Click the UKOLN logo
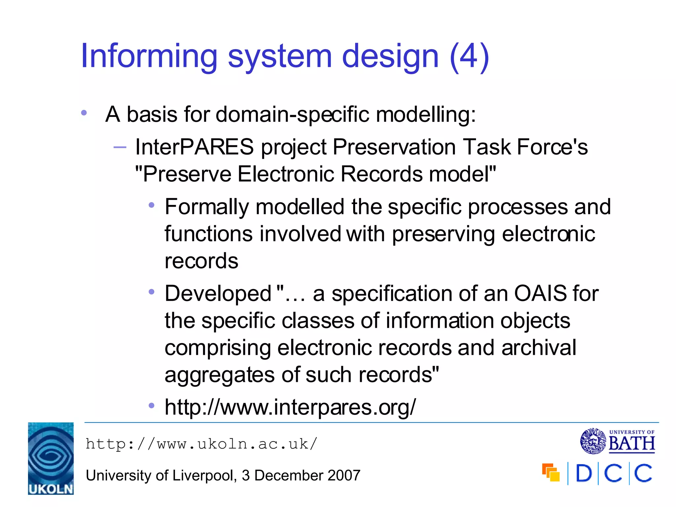[x=51, y=458]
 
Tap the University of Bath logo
[x=617, y=441]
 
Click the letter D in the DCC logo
[x=584, y=473]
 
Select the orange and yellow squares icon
[x=551, y=473]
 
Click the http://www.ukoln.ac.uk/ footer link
[x=201, y=444]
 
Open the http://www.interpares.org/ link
[x=290, y=407]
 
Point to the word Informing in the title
[x=149, y=56]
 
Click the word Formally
[x=207, y=207]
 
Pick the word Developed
[x=218, y=293]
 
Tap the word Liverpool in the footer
[x=203, y=475]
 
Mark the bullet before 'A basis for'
[x=84, y=113]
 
